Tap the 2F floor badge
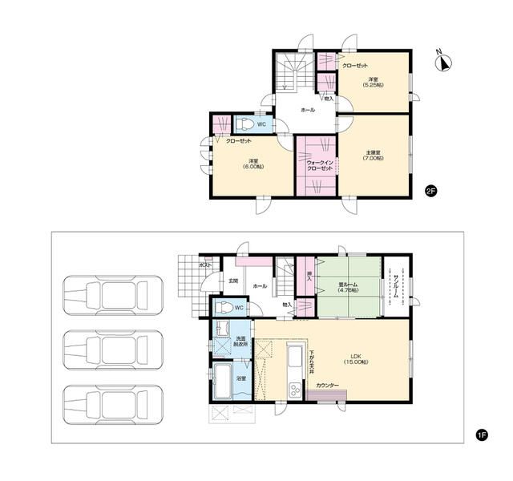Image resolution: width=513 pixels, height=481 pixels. pos(430,190)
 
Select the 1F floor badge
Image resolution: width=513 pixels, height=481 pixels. pos(482,435)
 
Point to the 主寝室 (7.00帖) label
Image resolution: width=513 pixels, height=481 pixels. pos(374,154)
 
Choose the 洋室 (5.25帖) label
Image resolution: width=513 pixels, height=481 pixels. pos(373,83)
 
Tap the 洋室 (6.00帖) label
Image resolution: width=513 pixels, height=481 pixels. pos(252,163)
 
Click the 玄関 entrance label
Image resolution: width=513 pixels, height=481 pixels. pos(233,281)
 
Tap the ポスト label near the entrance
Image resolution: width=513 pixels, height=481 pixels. pos(204,264)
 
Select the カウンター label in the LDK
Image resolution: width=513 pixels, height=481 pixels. pos(327,386)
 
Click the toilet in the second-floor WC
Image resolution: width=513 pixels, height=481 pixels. pos(245,125)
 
